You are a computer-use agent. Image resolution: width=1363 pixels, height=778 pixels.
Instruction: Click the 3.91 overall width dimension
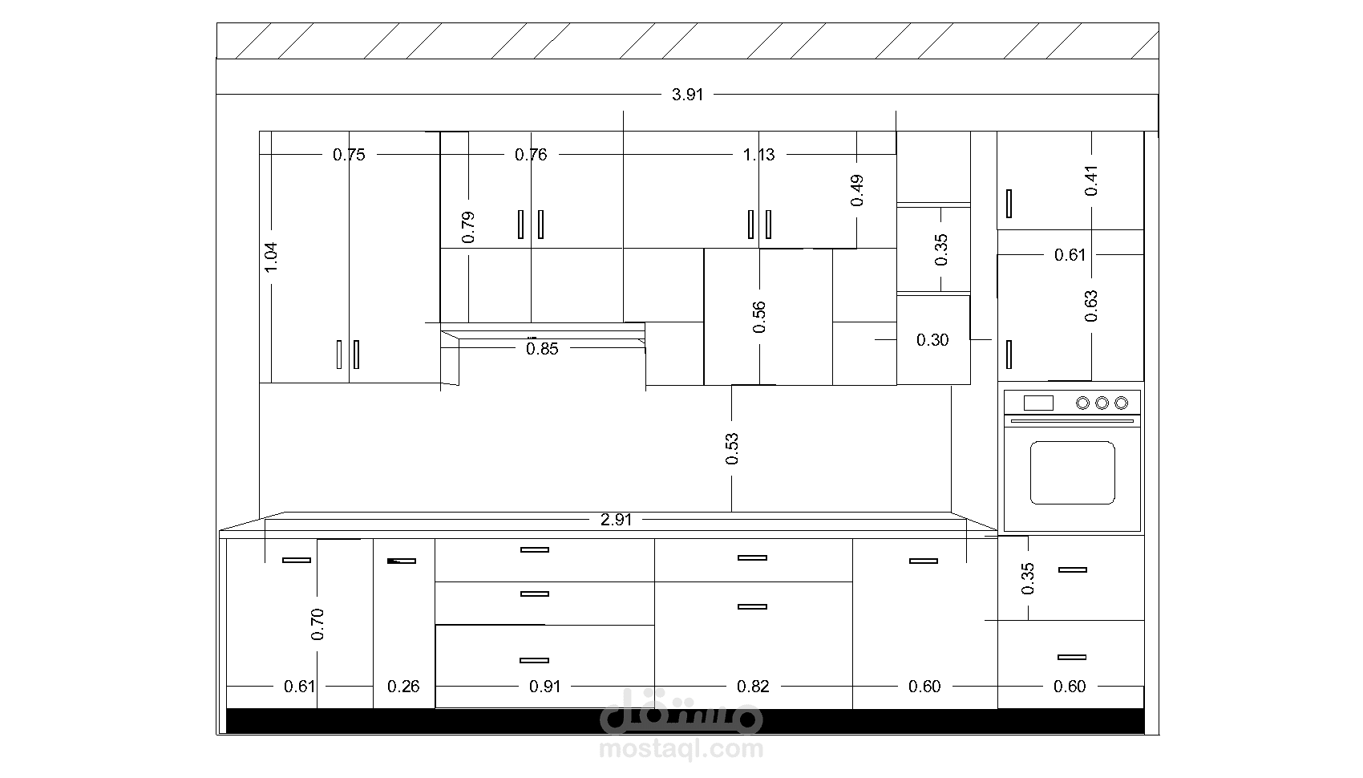687,95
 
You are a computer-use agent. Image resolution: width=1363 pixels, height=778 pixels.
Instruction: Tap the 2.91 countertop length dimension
616,520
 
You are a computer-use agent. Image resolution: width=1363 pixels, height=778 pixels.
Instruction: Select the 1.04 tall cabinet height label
271,257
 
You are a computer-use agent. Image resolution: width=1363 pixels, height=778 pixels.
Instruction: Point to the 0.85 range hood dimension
542,349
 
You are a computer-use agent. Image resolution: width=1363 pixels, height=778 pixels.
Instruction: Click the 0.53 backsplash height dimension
731,448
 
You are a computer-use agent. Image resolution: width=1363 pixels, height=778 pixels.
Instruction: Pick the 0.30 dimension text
932,340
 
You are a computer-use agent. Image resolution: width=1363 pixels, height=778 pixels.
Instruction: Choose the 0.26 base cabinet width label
403,687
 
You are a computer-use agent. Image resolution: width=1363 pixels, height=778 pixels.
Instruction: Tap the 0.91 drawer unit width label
544,687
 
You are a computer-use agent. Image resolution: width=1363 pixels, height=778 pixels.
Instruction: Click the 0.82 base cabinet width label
754,687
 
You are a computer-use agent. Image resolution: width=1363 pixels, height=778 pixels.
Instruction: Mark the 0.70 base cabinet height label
317,625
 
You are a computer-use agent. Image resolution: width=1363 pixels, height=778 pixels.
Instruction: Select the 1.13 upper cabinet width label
758,155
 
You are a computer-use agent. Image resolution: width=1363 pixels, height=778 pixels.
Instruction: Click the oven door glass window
1072,473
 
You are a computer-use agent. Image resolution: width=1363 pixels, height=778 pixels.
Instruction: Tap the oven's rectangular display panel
1038,403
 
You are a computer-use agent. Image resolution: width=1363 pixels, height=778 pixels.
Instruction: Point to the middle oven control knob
1102,403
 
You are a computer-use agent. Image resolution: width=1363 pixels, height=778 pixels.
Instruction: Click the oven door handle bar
1072,420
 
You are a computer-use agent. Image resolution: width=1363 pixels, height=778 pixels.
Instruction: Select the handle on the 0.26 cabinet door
402,561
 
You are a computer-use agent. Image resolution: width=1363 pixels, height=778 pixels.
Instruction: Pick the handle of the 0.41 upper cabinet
1009,204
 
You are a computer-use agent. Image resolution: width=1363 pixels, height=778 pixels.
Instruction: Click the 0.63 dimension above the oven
1091,306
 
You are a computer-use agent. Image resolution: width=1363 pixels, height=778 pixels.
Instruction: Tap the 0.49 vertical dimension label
857,191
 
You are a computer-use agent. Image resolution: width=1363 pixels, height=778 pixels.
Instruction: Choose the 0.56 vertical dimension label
758,317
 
